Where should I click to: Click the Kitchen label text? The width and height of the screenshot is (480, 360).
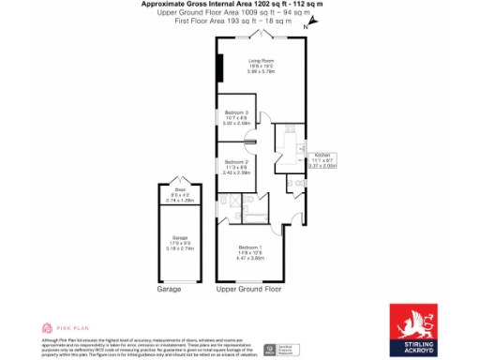[x=323, y=154]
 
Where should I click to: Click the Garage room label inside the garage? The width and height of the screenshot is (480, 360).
[x=179, y=238]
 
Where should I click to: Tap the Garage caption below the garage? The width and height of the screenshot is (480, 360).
[x=169, y=290]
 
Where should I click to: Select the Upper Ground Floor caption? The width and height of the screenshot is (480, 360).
[x=248, y=290]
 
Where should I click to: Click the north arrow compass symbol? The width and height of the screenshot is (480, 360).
[x=305, y=30]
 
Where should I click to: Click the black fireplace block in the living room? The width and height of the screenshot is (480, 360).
[x=219, y=69]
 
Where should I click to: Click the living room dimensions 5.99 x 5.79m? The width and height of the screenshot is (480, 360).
[x=261, y=71]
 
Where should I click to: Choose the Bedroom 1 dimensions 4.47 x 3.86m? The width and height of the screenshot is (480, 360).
[x=248, y=257]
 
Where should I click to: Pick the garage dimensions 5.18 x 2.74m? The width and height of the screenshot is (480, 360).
[x=179, y=249]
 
